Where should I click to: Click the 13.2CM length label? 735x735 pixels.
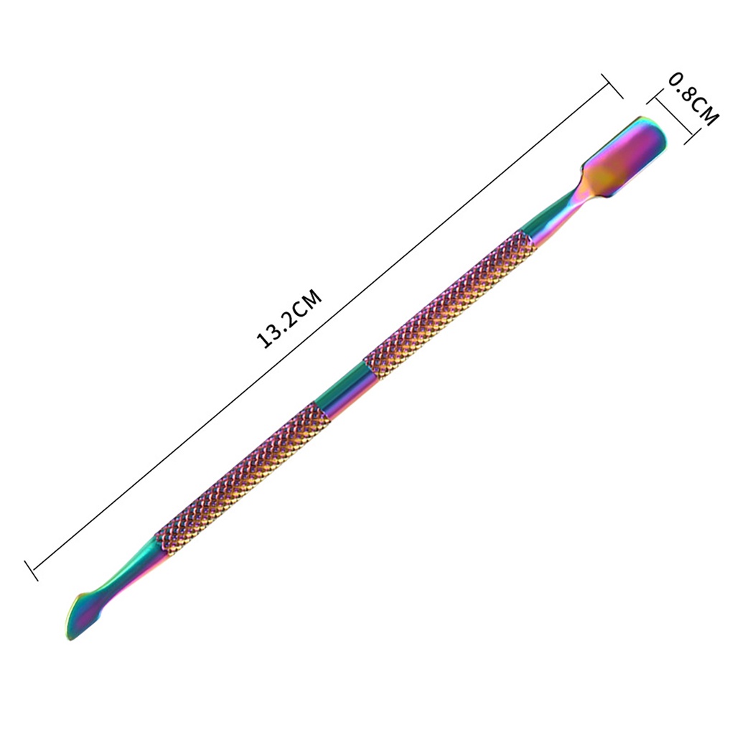[x=289, y=319]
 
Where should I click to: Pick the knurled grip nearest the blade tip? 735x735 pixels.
[x=243, y=479]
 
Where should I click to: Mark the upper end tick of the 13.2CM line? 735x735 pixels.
[x=612, y=86]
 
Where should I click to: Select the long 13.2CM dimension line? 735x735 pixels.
[x=322, y=328]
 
